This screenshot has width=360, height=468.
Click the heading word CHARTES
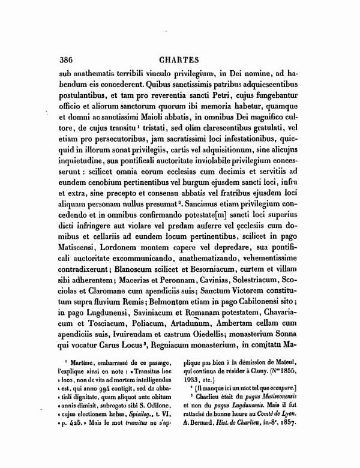[x=179, y=59]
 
